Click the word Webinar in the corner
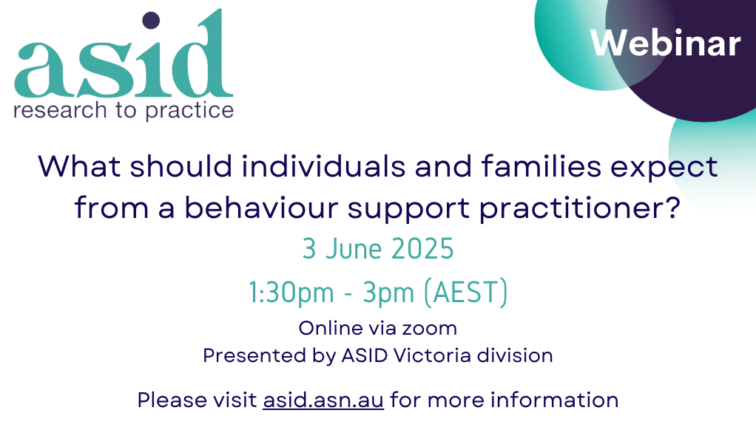point(665,44)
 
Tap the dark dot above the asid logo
point(151,21)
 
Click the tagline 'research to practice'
point(124,111)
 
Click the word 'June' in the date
point(351,249)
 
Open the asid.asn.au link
point(323,400)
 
